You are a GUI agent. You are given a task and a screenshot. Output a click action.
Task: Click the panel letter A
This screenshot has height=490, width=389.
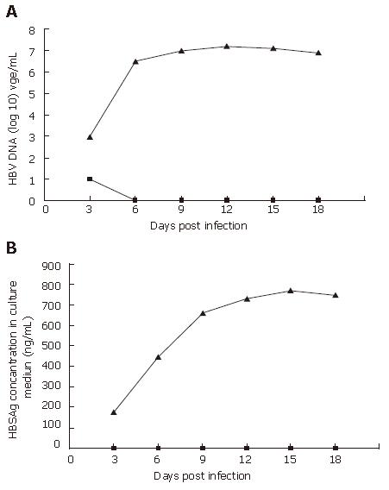point(11,11)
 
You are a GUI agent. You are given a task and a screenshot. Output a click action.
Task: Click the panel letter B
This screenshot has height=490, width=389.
point(11,248)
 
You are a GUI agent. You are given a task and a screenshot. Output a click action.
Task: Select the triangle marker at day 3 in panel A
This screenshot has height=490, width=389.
point(90,137)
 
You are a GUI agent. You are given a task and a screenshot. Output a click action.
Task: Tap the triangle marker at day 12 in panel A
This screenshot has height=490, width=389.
point(227,47)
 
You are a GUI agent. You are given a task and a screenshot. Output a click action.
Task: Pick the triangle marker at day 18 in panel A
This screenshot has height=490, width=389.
point(318,53)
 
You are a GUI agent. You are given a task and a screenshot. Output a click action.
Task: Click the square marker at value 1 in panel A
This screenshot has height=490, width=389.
point(90,179)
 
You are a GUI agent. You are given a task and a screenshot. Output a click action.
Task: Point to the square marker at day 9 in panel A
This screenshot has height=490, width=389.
point(181,200)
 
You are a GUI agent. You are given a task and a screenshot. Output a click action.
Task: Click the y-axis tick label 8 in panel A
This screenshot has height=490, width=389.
point(32,31)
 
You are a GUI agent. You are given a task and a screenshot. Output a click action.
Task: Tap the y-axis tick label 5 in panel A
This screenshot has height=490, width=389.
point(32,94)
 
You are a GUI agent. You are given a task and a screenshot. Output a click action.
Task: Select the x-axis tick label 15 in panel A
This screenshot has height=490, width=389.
point(273,209)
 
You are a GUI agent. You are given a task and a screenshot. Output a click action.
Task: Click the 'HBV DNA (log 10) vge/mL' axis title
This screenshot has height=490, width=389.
point(13,119)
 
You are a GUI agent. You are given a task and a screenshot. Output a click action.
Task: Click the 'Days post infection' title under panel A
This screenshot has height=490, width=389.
point(198,226)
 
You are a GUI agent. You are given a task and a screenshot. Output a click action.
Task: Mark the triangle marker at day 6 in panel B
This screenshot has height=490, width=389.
point(158,357)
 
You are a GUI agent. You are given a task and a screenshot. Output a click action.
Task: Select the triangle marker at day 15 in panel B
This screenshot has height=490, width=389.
point(291,291)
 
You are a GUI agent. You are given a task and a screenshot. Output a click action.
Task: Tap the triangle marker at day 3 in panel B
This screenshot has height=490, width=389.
point(114,412)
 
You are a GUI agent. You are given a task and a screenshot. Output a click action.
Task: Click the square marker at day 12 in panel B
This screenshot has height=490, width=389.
point(247,448)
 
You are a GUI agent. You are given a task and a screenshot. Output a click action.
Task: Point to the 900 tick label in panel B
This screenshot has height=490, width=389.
point(51,267)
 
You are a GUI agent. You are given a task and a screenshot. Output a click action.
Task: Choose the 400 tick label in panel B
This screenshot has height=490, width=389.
point(51,365)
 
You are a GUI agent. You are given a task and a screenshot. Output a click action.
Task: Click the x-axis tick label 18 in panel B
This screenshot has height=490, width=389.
point(336,459)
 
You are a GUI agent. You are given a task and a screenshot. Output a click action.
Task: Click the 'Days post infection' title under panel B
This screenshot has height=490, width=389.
point(202,476)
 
